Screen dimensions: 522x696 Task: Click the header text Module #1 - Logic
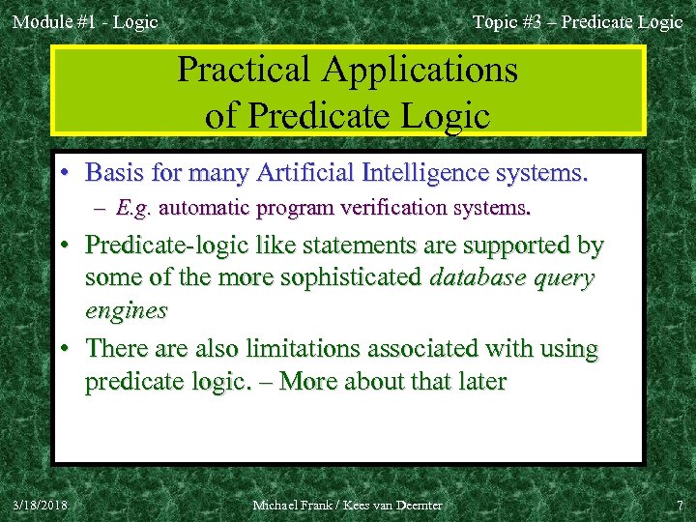(85, 21)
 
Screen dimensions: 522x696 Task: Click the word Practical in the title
(245, 70)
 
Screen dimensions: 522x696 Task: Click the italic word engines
(126, 310)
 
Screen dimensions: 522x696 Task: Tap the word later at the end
(479, 382)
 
